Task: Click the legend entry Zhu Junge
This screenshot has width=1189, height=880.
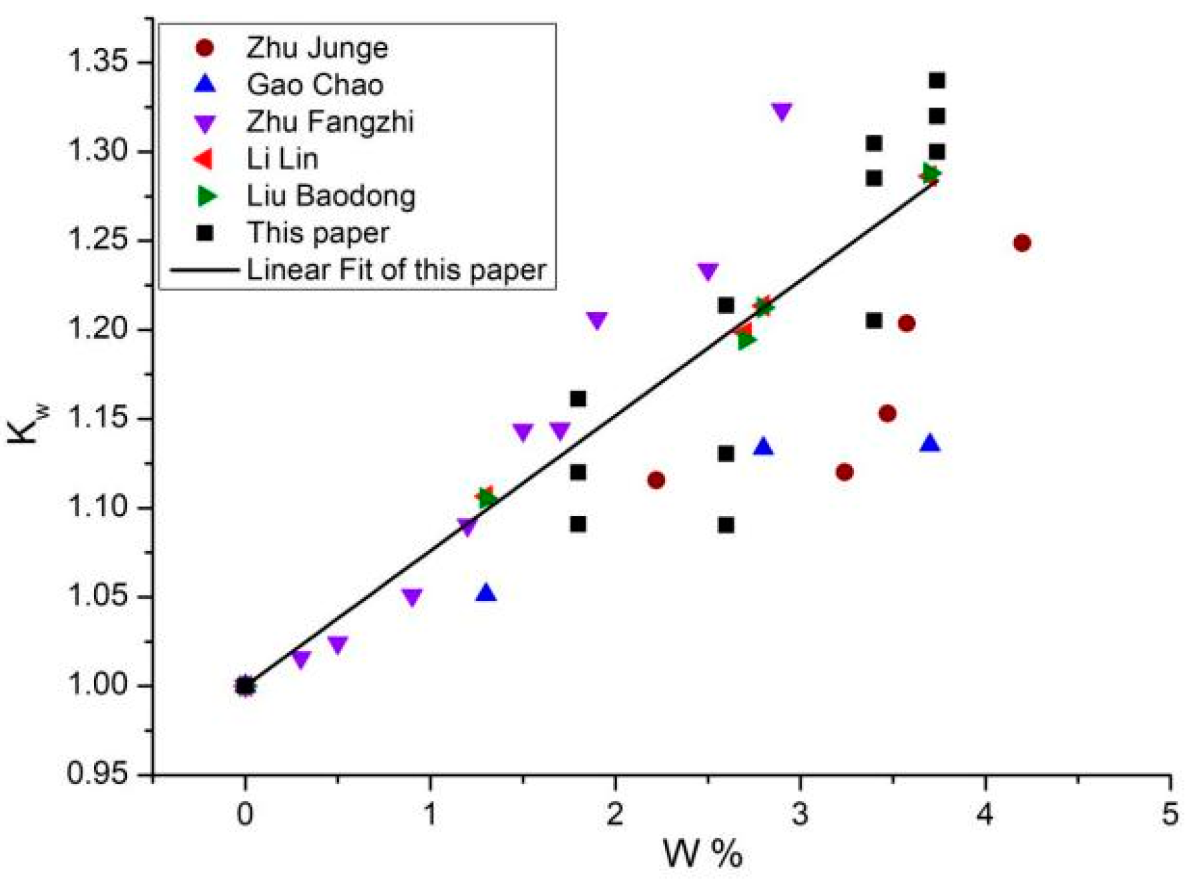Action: click(316, 48)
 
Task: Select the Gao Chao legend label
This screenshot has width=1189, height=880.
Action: click(314, 85)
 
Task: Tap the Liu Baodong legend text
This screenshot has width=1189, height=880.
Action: click(330, 196)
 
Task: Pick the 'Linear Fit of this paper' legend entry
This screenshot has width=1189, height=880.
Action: click(396, 270)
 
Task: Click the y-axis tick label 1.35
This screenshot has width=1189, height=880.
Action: click(97, 63)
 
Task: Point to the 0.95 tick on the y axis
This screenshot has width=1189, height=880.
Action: click(97, 774)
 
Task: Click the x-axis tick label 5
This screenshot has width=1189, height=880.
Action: click(1169, 814)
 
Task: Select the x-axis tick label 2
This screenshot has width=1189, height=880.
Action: click(615, 814)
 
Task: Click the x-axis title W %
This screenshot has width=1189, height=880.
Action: click(702, 854)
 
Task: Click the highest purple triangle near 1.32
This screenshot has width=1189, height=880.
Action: click(782, 112)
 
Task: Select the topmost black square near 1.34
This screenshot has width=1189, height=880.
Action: click(937, 81)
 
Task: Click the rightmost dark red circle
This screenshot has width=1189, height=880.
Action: click(1021, 243)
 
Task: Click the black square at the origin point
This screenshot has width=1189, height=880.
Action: click(245, 686)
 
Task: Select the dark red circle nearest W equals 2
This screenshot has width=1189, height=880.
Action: click(656, 480)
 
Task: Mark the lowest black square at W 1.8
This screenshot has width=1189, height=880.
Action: click(578, 524)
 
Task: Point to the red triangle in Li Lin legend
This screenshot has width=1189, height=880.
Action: click(203, 159)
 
